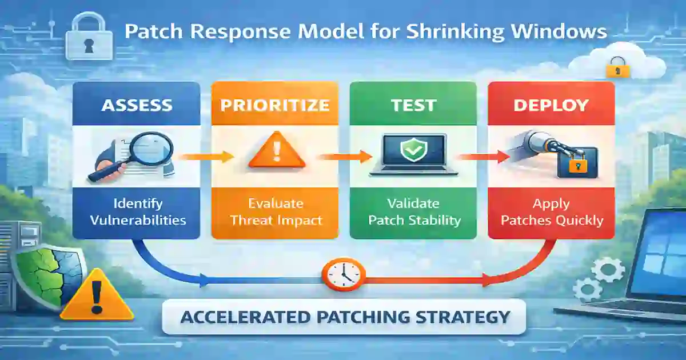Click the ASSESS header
click(x=136, y=105)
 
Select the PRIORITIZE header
click(x=274, y=105)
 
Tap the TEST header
click(x=413, y=105)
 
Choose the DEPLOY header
click(x=551, y=105)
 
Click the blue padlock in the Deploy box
click(x=577, y=162)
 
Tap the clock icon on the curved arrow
click(x=343, y=274)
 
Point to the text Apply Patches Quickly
click(x=551, y=211)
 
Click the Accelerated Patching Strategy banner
click(x=344, y=316)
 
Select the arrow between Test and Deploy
click(x=480, y=156)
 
